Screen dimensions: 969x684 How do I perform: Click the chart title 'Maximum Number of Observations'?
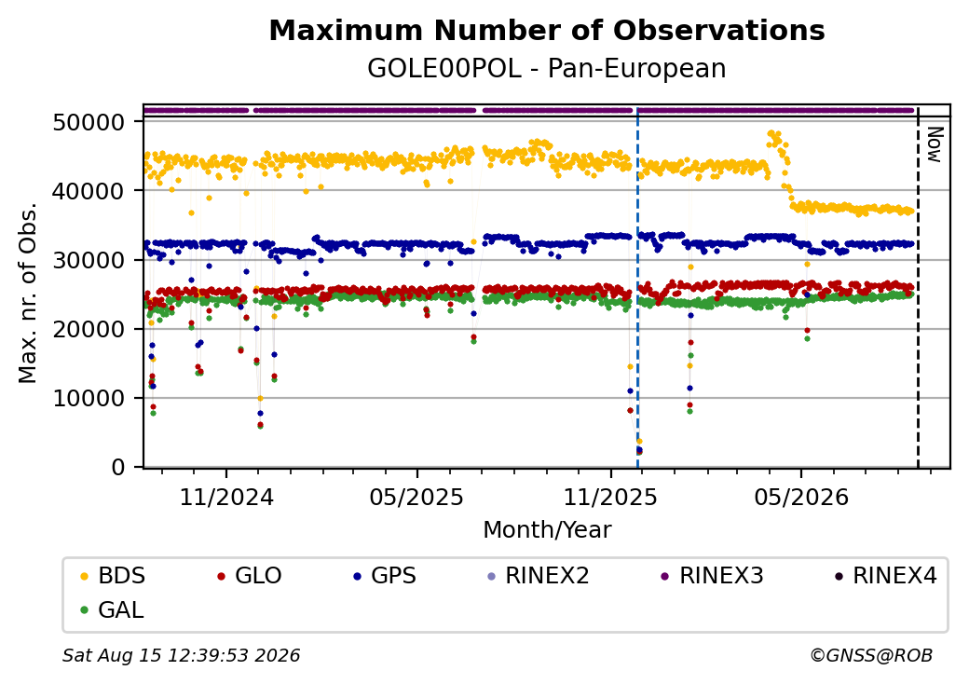click(547, 30)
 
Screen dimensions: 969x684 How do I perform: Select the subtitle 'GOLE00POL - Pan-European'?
click(547, 69)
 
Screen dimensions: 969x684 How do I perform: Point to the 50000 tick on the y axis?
click(89, 122)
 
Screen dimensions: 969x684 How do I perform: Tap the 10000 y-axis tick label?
click(89, 399)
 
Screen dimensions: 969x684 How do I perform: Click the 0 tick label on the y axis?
click(118, 468)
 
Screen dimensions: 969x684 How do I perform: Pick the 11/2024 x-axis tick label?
click(226, 498)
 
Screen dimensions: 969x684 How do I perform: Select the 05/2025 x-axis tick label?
click(417, 498)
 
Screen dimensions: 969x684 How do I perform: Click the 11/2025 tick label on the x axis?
click(610, 498)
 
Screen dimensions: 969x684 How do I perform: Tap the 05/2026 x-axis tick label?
click(801, 498)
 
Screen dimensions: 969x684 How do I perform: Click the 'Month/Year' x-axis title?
click(547, 530)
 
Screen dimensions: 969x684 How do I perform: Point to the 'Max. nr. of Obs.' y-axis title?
click(27, 293)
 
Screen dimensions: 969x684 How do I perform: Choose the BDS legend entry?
click(113, 576)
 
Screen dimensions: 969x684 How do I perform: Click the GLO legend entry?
click(250, 576)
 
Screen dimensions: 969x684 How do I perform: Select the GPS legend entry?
click(385, 576)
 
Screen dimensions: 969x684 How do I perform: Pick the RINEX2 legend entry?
click(539, 576)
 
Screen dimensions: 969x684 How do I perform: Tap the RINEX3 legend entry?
click(713, 576)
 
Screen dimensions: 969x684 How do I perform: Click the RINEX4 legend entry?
click(885, 576)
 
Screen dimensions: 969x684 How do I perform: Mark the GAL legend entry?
click(113, 610)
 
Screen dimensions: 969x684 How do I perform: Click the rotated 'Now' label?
click(935, 144)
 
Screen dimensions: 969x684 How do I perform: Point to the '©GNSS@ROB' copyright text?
click(871, 655)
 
